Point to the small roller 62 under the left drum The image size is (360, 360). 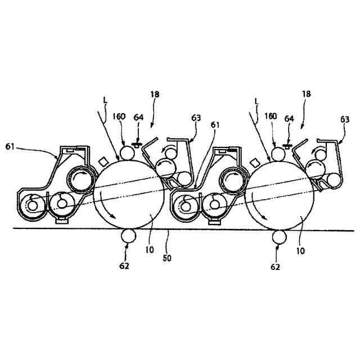pyautogui.click(x=127, y=237)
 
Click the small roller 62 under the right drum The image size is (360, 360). pyautogui.click(x=278, y=237)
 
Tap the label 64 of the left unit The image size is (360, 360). pyautogui.click(x=139, y=118)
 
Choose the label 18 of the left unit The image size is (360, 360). pyautogui.click(x=155, y=96)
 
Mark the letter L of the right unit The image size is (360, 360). pyautogui.click(x=256, y=101)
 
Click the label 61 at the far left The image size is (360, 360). pyautogui.click(x=10, y=146)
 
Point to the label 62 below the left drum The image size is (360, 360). pyautogui.click(x=124, y=265)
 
